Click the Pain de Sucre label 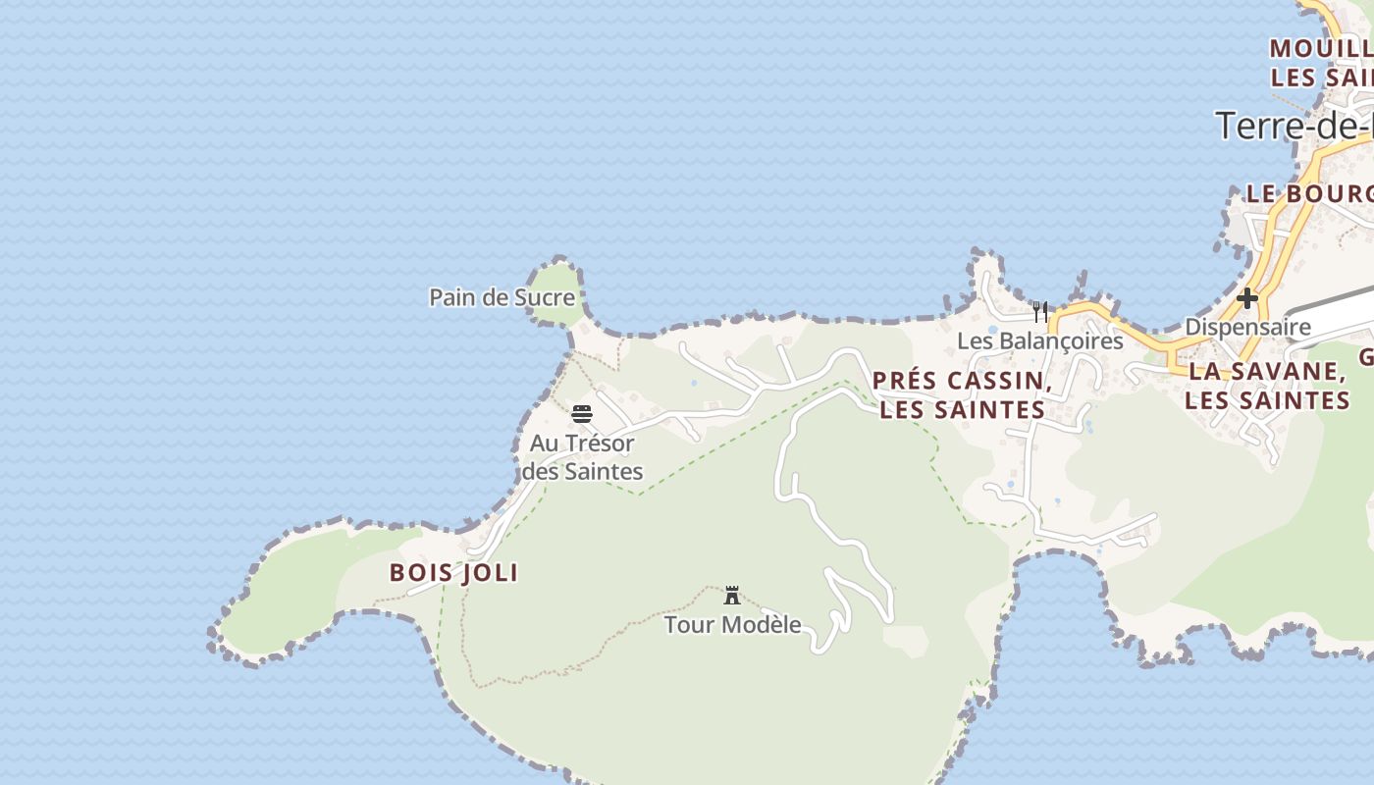[x=502, y=296]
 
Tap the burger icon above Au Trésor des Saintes [x=582, y=414]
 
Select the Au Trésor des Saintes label [x=582, y=457]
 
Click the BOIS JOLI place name [x=453, y=573]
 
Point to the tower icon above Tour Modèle [x=732, y=595]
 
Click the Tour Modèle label [x=732, y=625]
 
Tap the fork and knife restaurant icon [x=1040, y=312]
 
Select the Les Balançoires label [x=1039, y=341]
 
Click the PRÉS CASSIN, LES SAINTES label [x=962, y=395]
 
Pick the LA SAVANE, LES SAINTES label [x=1267, y=386]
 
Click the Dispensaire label [x=1247, y=327]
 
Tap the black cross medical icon [x=1247, y=297]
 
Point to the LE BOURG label [x=1309, y=194]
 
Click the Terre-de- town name [x=1294, y=127]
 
